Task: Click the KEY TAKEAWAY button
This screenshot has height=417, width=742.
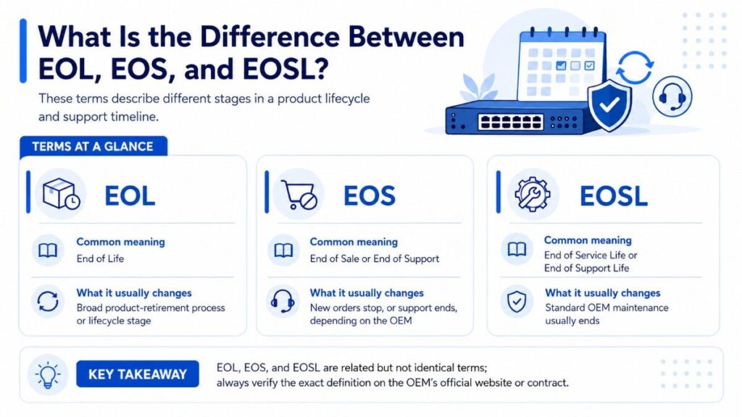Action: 137,374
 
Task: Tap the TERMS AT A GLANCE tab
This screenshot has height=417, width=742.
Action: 93,146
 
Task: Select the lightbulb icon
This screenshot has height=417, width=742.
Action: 48,375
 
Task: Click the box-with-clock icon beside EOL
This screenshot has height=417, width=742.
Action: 61,194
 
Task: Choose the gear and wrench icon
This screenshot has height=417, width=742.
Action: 533,194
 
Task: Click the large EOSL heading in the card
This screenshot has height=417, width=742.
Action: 613,195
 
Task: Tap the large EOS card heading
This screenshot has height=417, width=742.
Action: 369,195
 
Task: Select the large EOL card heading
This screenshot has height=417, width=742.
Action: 130,195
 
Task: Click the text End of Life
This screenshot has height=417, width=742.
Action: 100,258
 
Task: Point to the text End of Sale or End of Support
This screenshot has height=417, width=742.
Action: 375,258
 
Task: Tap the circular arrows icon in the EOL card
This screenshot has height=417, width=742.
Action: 48,301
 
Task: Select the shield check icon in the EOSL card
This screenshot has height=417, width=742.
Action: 516,301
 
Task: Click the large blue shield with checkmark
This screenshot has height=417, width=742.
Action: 609,105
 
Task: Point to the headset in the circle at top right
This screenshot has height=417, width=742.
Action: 672,96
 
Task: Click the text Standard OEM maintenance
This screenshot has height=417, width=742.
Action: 606,308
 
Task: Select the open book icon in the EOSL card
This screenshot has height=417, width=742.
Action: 517,249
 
